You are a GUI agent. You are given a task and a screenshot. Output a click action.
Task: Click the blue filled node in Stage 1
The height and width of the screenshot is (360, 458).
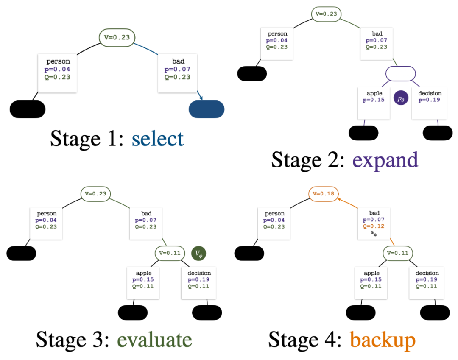point(207,109)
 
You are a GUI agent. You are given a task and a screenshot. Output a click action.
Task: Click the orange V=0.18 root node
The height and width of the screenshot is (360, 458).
point(324,193)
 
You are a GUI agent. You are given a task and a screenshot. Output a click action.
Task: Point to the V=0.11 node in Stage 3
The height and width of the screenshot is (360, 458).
point(170,253)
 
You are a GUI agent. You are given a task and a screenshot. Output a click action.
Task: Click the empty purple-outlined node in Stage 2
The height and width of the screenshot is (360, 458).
point(400,73)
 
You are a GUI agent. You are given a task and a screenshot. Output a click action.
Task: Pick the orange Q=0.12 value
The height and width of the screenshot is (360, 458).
point(374,226)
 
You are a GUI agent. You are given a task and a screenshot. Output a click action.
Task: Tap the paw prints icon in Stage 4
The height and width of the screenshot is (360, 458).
point(374,233)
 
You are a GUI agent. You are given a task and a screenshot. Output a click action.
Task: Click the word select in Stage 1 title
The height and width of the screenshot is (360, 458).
point(157,138)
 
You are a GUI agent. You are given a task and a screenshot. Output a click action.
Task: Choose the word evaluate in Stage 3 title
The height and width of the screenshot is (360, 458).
point(154,339)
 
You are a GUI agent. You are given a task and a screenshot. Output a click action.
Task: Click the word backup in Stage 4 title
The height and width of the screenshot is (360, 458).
point(383,339)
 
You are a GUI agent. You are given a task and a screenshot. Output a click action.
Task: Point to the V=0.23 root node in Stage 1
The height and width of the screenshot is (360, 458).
point(117,37)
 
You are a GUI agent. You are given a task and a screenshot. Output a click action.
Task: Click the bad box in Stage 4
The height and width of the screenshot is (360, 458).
point(374,224)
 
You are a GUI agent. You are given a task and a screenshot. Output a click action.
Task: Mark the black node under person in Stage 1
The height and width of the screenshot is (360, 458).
point(28,109)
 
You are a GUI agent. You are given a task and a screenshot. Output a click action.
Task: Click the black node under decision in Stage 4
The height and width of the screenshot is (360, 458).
point(435,313)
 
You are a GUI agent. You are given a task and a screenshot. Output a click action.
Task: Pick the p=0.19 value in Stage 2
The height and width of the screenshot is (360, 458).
point(430,100)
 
